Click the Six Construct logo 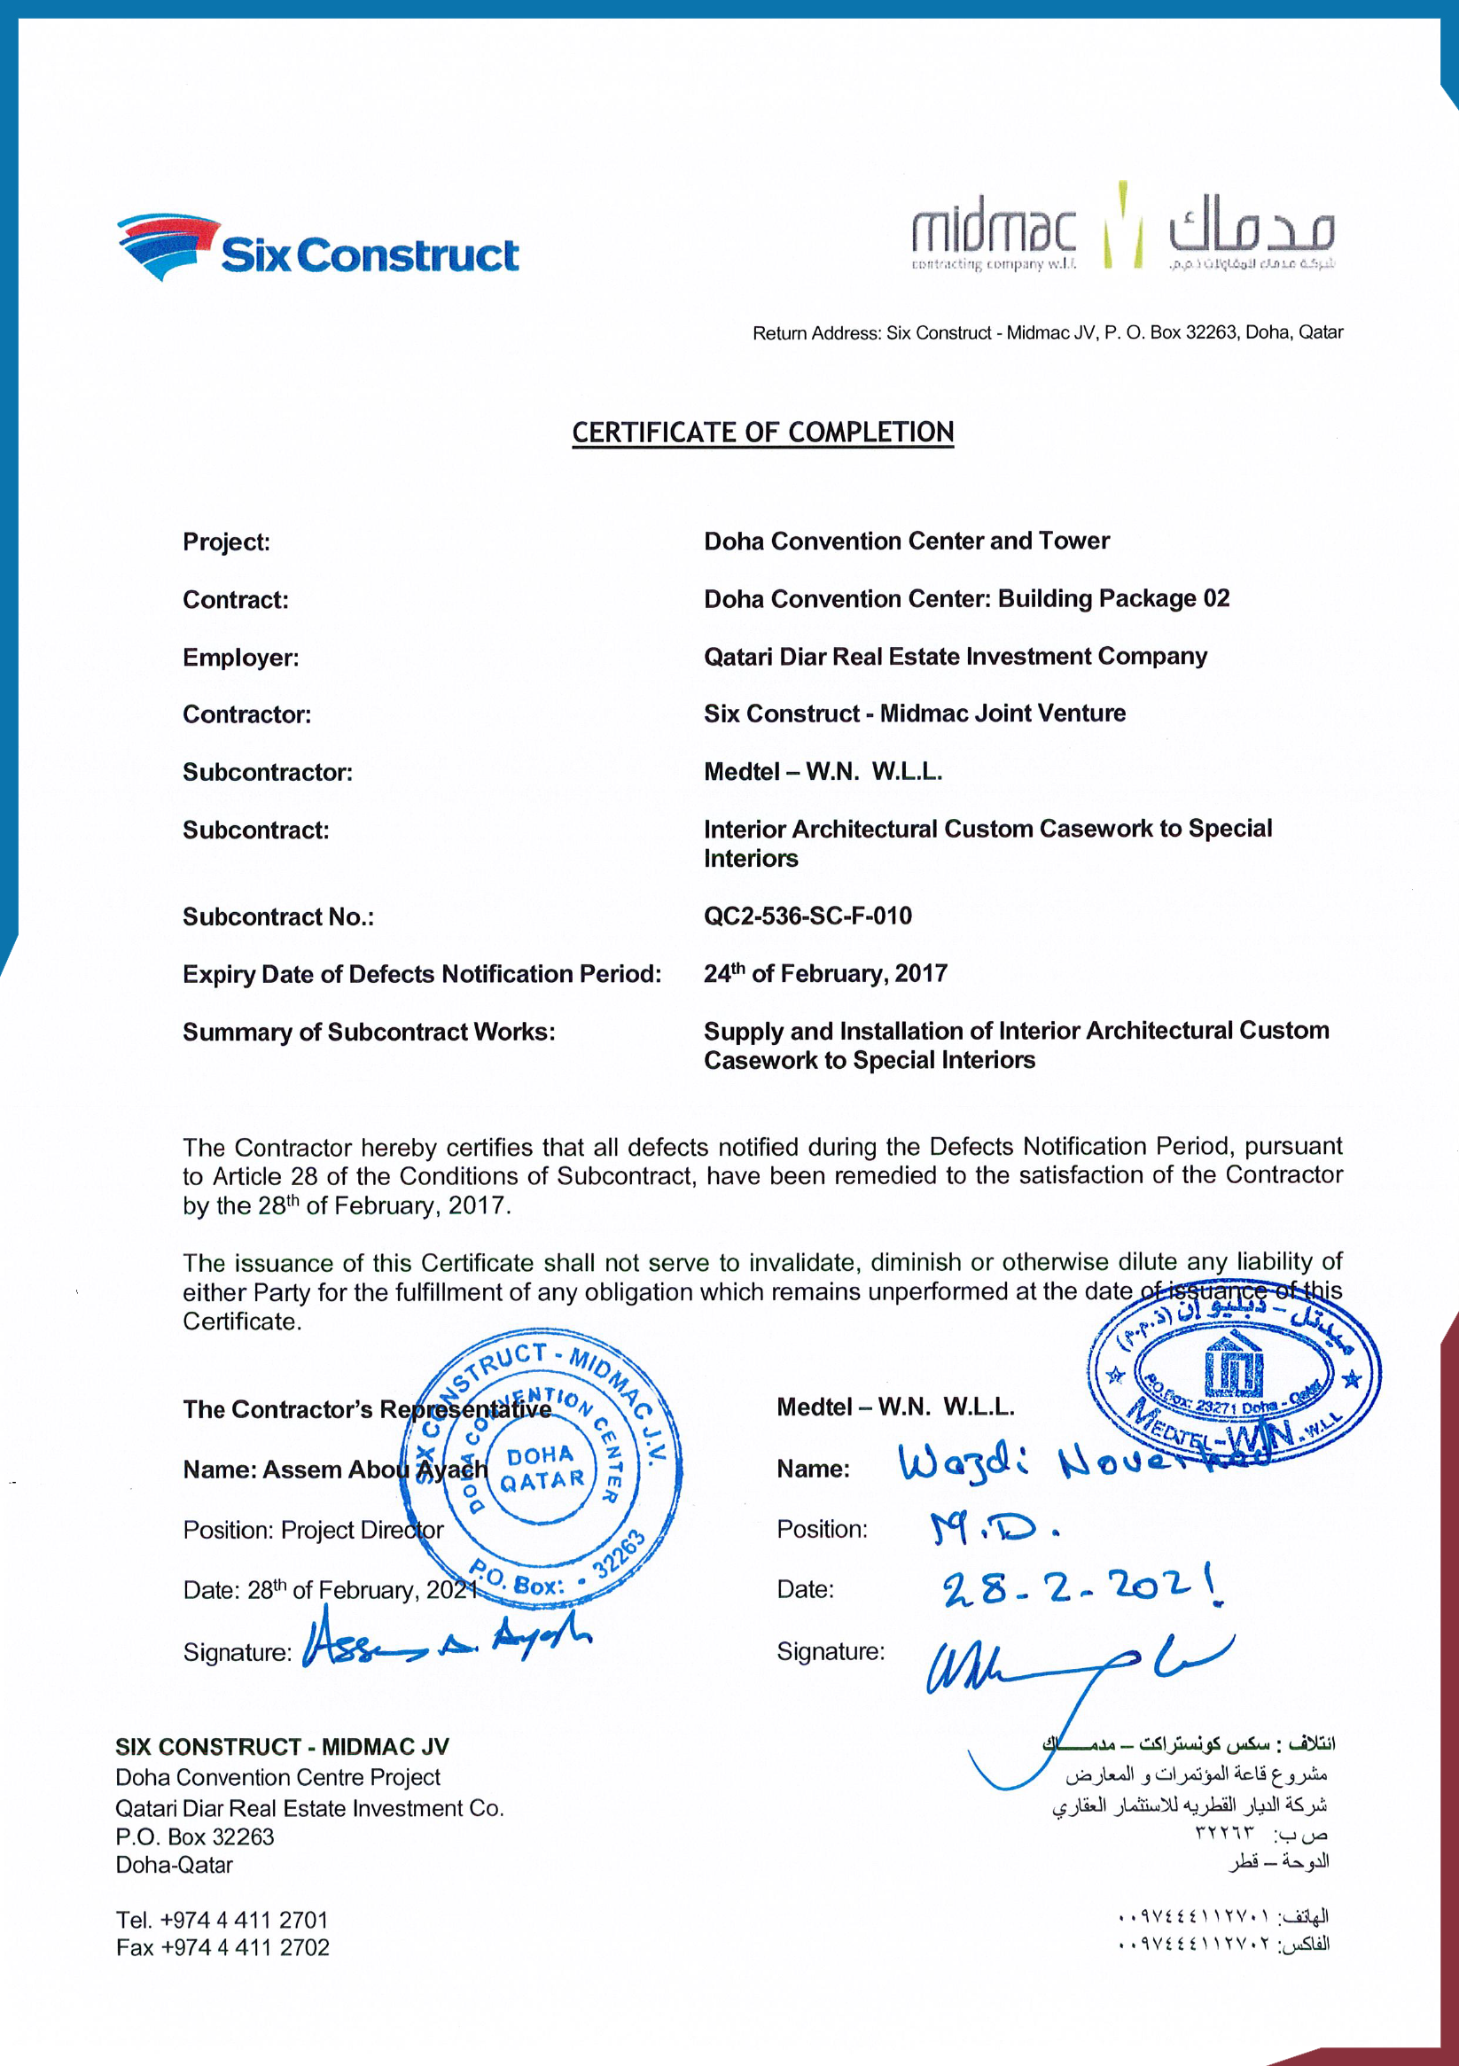tap(316, 247)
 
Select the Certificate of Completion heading tap(762, 433)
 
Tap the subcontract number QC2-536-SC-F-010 tap(808, 916)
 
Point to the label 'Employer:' tap(240, 658)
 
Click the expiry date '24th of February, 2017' tap(825, 973)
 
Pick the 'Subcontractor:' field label tap(268, 772)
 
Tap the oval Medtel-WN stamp tap(1233, 1374)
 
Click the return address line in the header tap(1047, 333)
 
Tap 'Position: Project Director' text tap(313, 1530)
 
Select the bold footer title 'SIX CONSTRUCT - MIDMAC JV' tap(282, 1747)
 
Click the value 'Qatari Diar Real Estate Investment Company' tap(955, 657)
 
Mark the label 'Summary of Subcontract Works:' tap(369, 1032)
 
